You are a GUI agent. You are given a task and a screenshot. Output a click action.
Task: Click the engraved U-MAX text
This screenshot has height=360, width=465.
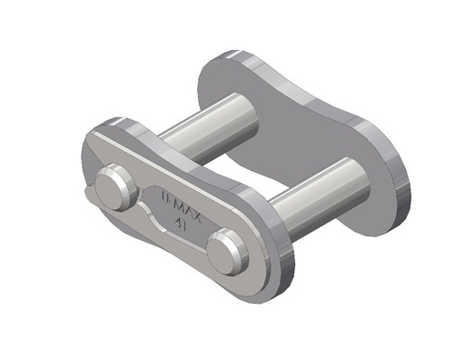173,202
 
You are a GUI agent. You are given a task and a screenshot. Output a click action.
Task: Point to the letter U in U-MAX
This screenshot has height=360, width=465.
158,194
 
